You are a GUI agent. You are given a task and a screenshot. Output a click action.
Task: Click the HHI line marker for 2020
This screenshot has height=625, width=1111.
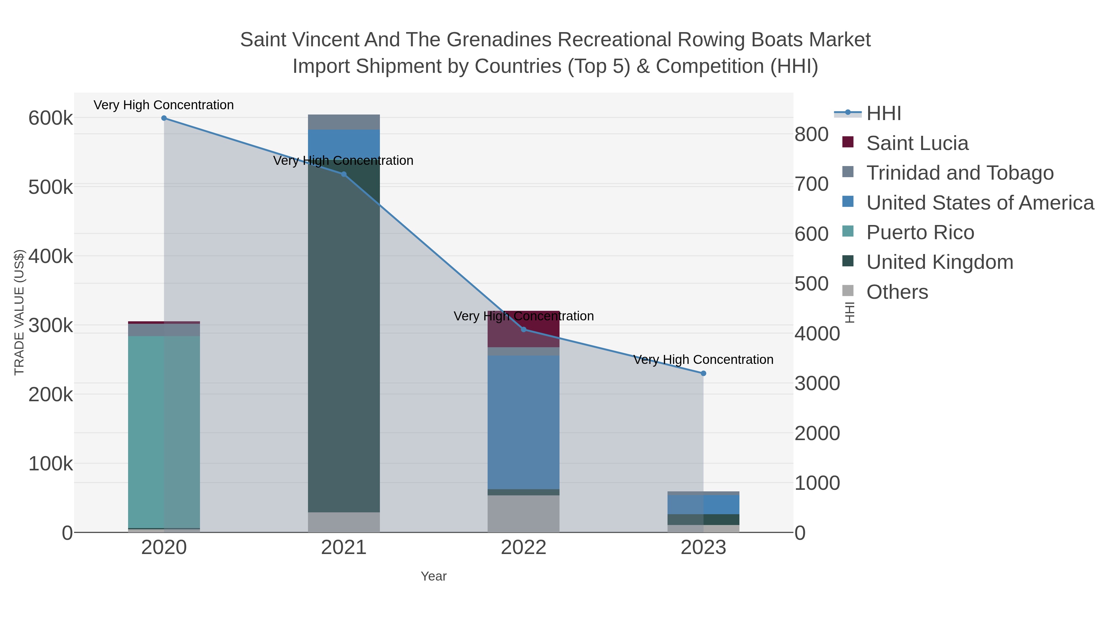point(164,118)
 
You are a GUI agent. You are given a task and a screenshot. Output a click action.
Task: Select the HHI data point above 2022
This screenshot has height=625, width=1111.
point(524,330)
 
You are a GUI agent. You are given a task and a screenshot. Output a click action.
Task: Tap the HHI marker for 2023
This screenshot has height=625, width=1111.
point(703,373)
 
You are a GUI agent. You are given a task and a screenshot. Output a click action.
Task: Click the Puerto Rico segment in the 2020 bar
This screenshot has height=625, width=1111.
point(164,431)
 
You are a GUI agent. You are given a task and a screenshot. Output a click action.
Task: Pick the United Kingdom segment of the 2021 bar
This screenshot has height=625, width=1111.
point(344,345)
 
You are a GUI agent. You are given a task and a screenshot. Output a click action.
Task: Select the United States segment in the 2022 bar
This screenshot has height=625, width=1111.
point(524,423)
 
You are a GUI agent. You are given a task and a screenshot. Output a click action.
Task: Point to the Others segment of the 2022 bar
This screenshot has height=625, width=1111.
point(524,514)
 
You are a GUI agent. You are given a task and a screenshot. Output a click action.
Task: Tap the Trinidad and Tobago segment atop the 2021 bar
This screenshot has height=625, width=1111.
point(344,122)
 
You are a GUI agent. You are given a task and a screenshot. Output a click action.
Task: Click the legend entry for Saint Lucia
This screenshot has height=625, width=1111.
point(917,143)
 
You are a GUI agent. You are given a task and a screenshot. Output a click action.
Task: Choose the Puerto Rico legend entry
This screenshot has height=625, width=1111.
point(920,232)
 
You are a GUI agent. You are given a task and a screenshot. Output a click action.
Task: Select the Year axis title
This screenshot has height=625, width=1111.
point(434,576)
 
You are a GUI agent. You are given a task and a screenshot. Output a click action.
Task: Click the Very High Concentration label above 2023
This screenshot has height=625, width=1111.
point(703,360)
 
